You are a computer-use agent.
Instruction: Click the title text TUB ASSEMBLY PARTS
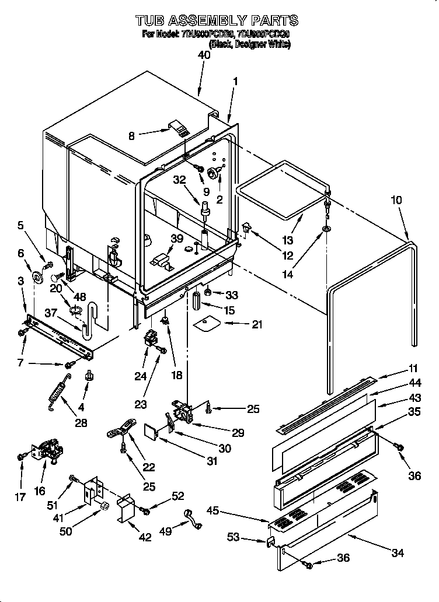tap(217, 21)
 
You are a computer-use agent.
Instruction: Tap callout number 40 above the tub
tap(204, 55)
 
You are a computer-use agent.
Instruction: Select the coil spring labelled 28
tap(57, 390)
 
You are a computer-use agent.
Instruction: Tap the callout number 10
tap(396, 200)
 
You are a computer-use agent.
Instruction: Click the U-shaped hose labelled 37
tap(89, 320)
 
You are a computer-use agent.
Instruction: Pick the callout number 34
tap(398, 552)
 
